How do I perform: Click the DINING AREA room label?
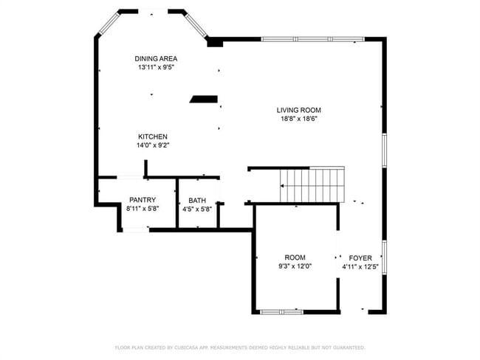point(156,58)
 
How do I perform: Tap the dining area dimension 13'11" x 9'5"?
point(156,67)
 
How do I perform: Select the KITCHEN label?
point(153,136)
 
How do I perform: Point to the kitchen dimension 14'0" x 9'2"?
point(153,145)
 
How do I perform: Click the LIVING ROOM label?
point(299,110)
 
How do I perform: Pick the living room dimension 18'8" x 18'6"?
point(299,119)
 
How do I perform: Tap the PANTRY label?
point(142,200)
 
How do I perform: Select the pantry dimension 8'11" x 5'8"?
point(142,209)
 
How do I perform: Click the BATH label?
point(197,200)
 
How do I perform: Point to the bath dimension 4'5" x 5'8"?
point(197,209)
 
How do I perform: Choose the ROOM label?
point(295,257)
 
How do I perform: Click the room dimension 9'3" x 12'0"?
point(295,266)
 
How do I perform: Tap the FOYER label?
point(360,257)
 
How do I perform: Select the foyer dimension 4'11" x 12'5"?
point(360,266)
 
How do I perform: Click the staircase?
point(312,184)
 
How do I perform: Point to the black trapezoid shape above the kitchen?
point(203,98)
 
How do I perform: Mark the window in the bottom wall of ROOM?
point(281,312)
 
